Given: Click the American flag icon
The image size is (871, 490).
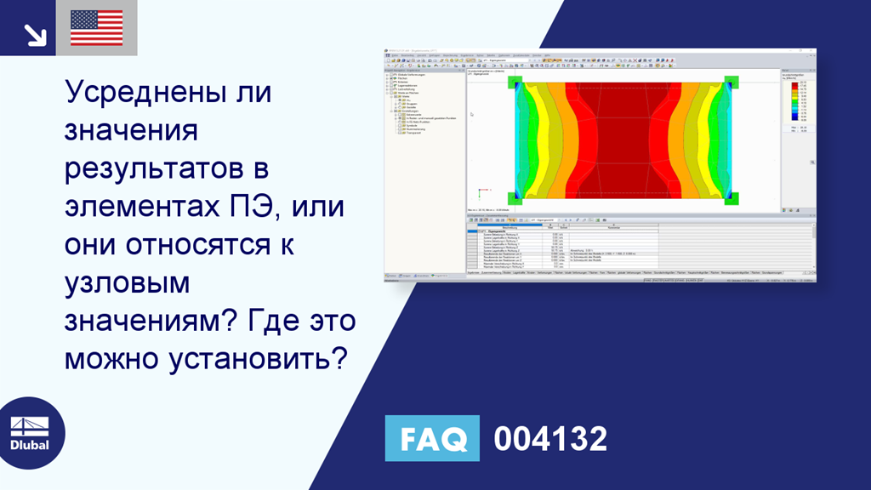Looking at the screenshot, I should [96, 27].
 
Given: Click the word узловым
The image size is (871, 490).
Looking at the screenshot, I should [127, 283].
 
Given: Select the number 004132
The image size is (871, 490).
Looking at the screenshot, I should [550, 439].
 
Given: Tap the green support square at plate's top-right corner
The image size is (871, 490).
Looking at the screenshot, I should [731, 83].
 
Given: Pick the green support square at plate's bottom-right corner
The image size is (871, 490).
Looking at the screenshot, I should [731, 198].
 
